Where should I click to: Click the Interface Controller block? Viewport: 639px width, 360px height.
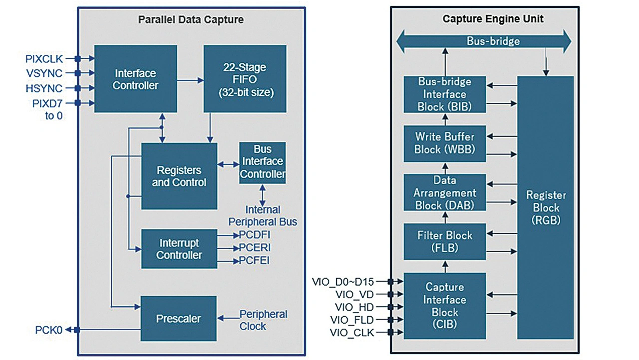[x=135, y=79]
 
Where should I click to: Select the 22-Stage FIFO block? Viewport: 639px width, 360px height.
[x=244, y=79]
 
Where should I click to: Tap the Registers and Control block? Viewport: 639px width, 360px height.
[x=179, y=176]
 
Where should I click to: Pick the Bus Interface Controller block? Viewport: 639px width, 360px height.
[x=262, y=162]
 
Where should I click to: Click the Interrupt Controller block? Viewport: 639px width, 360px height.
[x=179, y=249]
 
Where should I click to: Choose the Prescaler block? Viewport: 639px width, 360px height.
[x=179, y=319]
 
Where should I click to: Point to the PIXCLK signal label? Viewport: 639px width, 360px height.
[x=44, y=59]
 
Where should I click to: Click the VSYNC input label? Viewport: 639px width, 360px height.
[x=45, y=74]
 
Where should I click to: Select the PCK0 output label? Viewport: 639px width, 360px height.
[x=49, y=330]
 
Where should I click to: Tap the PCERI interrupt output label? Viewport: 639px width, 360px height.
[x=255, y=248]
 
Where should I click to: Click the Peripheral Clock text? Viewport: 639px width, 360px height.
[x=263, y=320]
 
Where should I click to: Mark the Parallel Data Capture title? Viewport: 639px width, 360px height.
[x=191, y=20]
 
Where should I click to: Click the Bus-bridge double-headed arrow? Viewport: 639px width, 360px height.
[x=483, y=41]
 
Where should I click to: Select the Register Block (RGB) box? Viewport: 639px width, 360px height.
[x=545, y=207]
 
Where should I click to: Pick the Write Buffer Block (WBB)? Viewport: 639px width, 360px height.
[x=444, y=143]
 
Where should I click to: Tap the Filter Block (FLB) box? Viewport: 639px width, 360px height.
[x=444, y=241]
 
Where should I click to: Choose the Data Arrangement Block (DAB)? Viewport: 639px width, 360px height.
[x=444, y=192]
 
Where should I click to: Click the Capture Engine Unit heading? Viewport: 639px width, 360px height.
[x=486, y=19]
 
